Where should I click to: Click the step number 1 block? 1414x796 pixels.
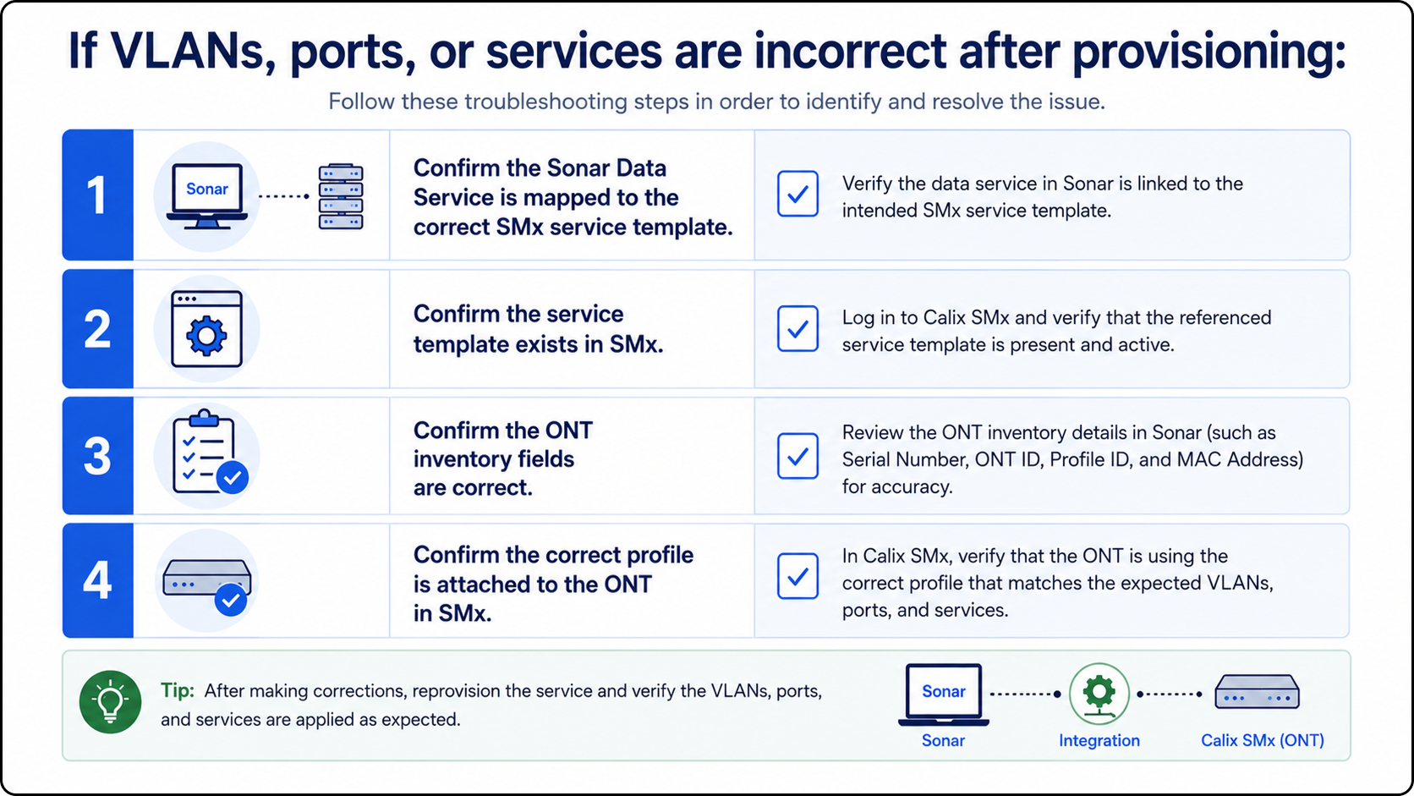pyautogui.click(x=98, y=195)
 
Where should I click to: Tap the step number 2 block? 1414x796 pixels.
pyautogui.click(x=98, y=329)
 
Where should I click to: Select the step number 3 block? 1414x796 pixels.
pyautogui.click(x=98, y=456)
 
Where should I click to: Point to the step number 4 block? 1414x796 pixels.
pyautogui.click(x=98, y=580)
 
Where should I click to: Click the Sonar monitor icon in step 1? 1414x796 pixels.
pyautogui.click(x=207, y=195)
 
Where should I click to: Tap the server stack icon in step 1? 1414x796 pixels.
pyautogui.click(x=341, y=196)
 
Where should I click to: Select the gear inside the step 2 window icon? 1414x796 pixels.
pyautogui.click(x=206, y=336)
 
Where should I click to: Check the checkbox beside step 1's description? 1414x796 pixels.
pyautogui.click(x=797, y=194)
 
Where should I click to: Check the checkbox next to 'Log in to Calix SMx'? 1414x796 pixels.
pyautogui.click(x=797, y=329)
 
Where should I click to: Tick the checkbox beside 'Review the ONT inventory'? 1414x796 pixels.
pyautogui.click(x=797, y=456)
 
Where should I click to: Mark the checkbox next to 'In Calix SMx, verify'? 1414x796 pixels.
pyautogui.click(x=797, y=576)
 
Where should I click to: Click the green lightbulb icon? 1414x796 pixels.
pyautogui.click(x=111, y=702)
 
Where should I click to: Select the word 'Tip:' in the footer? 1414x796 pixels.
pyautogui.click(x=178, y=690)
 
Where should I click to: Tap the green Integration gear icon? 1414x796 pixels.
pyautogui.click(x=1099, y=693)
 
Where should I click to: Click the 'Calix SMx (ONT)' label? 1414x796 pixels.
pyautogui.click(x=1263, y=740)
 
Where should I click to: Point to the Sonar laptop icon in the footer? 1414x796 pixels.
pyautogui.click(x=944, y=694)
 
